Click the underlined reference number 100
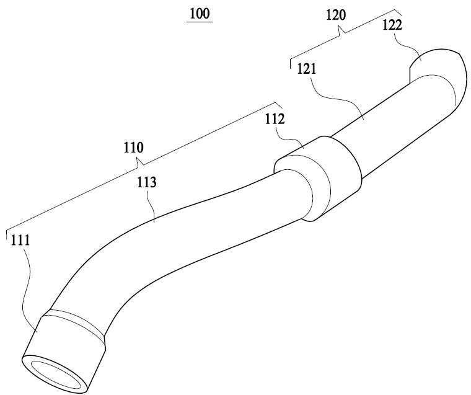click(200, 14)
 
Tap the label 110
click(134, 148)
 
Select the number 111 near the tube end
click(20, 241)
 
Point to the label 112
click(275, 119)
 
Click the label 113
click(147, 182)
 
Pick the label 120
click(336, 15)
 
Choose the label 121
click(307, 69)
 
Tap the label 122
click(392, 25)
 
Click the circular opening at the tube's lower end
click(55, 375)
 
